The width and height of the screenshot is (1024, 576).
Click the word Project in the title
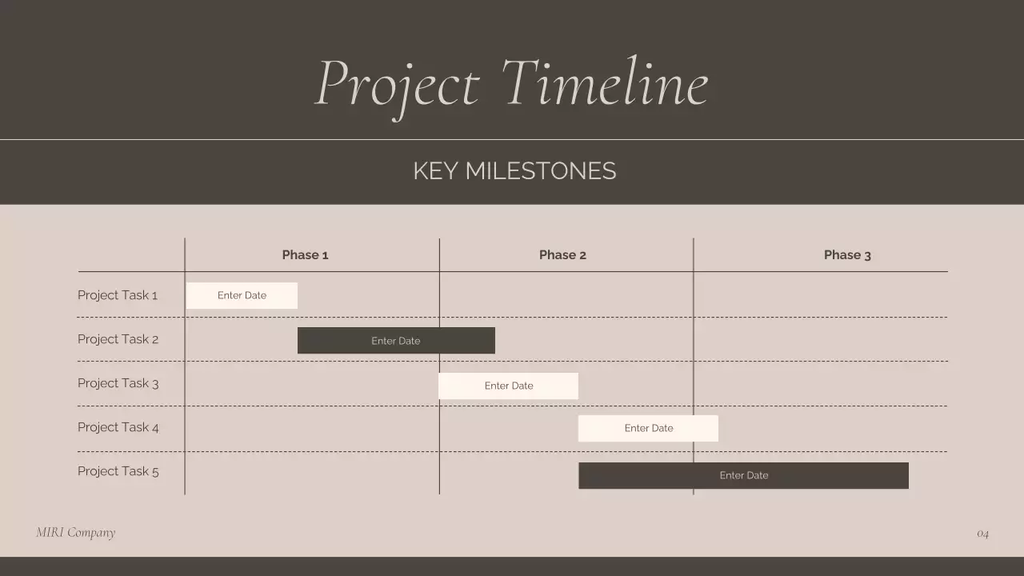(398, 84)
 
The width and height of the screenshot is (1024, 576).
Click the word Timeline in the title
(605, 82)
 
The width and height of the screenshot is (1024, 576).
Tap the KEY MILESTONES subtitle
(514, 171)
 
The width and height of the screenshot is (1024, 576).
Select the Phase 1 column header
(305, 255)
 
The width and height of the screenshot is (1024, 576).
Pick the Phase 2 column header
(562, 255)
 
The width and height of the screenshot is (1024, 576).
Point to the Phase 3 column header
(847, 255)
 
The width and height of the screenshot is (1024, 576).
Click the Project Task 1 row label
(118, 295)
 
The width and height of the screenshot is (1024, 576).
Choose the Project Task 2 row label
(118, 339)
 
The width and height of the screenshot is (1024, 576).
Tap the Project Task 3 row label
(118, 383)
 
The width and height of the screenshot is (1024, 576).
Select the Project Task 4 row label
(118, 427)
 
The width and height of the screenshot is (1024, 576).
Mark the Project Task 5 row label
(118, 471)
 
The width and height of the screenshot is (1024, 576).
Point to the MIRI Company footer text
(75, 533)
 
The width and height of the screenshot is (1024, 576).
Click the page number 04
(982, 534)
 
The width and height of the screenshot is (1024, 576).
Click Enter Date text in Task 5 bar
(743, 475)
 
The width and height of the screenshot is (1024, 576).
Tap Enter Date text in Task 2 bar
(395, 341)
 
